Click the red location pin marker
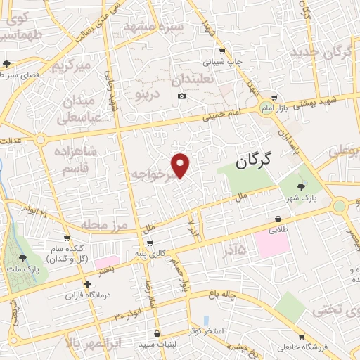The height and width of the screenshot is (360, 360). pos(181,165)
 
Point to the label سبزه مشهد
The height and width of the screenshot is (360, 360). pos(154,27)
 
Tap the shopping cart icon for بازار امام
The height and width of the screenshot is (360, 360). pos(274,98)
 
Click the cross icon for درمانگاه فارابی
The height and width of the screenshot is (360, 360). pos(87,285)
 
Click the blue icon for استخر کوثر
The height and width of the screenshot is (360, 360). pos(205,320)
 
